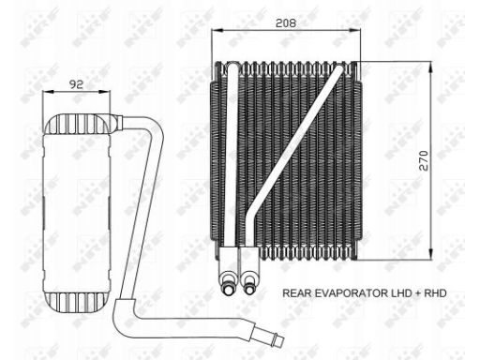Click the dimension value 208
pyautogui.click(x=286, y=23)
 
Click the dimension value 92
pyautogui.click(x=76, y=84)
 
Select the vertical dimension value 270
pyautogui.click(x=424, y=160)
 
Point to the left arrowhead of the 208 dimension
pyautogui.click(x=217, y=30)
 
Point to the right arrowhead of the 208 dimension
pyautogui.click(x=354, y=30)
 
